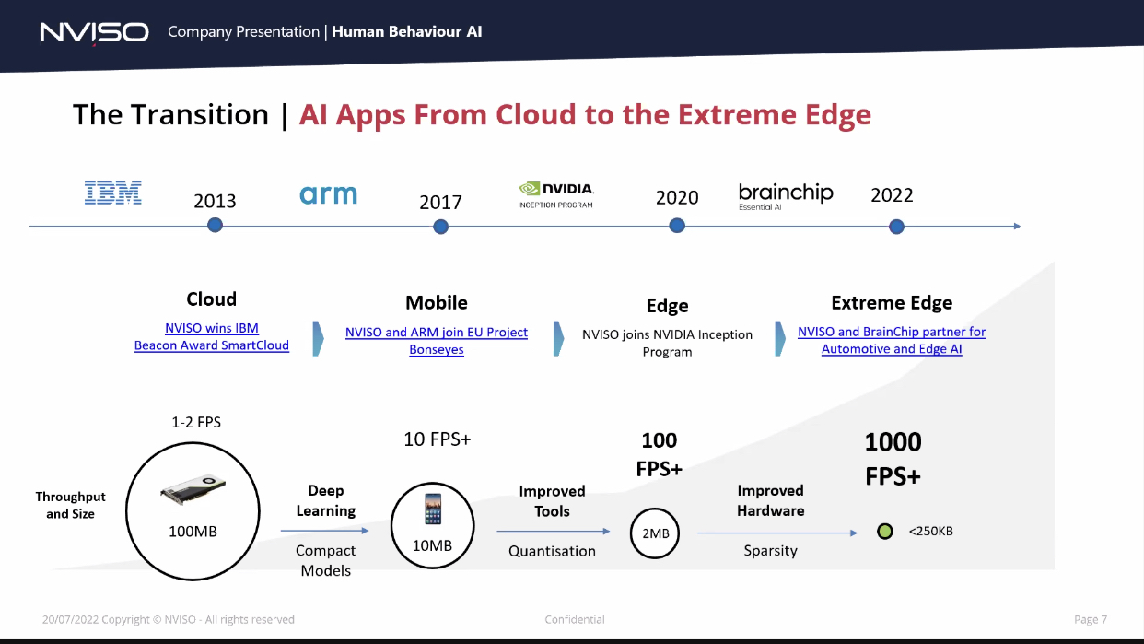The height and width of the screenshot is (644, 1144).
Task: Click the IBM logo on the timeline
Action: click(113, 193)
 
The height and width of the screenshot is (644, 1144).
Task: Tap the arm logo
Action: click(329, 194)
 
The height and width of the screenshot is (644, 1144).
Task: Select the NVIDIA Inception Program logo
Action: click(555, 195)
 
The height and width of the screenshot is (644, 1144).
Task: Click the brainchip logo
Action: click(786, 196)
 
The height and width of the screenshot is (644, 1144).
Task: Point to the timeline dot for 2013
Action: click(215, 225)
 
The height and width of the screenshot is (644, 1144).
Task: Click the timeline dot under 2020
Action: click(677, 225)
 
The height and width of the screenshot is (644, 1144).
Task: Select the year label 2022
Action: click(892, 195)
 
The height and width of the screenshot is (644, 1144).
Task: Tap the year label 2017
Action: click(440, 203)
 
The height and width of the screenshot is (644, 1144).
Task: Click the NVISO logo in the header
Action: click(95, 32)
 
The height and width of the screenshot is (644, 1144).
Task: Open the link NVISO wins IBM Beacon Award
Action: click(212, 336)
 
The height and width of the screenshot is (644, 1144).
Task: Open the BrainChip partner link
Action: click(892, 340)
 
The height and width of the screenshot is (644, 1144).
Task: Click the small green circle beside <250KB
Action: click(884, 531)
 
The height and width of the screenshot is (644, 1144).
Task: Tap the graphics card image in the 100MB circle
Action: click(193, 488)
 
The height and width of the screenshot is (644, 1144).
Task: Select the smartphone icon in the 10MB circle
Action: click(433, 509)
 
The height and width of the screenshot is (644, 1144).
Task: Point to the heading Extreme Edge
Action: click(892, 303)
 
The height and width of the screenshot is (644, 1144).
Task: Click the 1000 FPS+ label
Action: click(893, 459)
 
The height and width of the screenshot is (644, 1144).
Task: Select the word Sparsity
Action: click(770, 551)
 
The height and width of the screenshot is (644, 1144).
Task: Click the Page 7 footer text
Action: click(1091, 619)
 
